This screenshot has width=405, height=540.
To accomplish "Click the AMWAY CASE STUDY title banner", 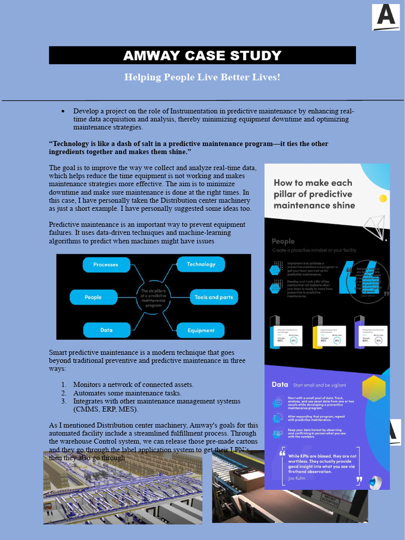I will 202,55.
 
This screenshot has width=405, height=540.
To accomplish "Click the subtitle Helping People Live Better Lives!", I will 202,78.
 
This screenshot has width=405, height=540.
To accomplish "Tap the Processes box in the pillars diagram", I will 105,265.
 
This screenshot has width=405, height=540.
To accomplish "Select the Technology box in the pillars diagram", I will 201,264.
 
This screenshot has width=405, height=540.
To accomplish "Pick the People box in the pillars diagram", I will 93,297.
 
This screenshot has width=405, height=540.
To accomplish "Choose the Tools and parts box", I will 214,297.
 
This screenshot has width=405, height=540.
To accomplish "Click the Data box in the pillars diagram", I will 106,330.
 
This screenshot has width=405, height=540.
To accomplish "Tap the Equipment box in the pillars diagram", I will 201,331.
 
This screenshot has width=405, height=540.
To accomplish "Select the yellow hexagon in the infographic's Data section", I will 373,389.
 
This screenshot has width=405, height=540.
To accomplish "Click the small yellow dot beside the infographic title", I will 383,198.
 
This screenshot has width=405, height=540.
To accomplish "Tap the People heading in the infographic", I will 283,242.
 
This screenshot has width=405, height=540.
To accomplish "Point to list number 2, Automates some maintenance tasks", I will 127,393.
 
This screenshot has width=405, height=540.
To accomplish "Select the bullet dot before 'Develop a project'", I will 63,111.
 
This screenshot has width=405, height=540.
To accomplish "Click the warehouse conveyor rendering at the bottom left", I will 122,488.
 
